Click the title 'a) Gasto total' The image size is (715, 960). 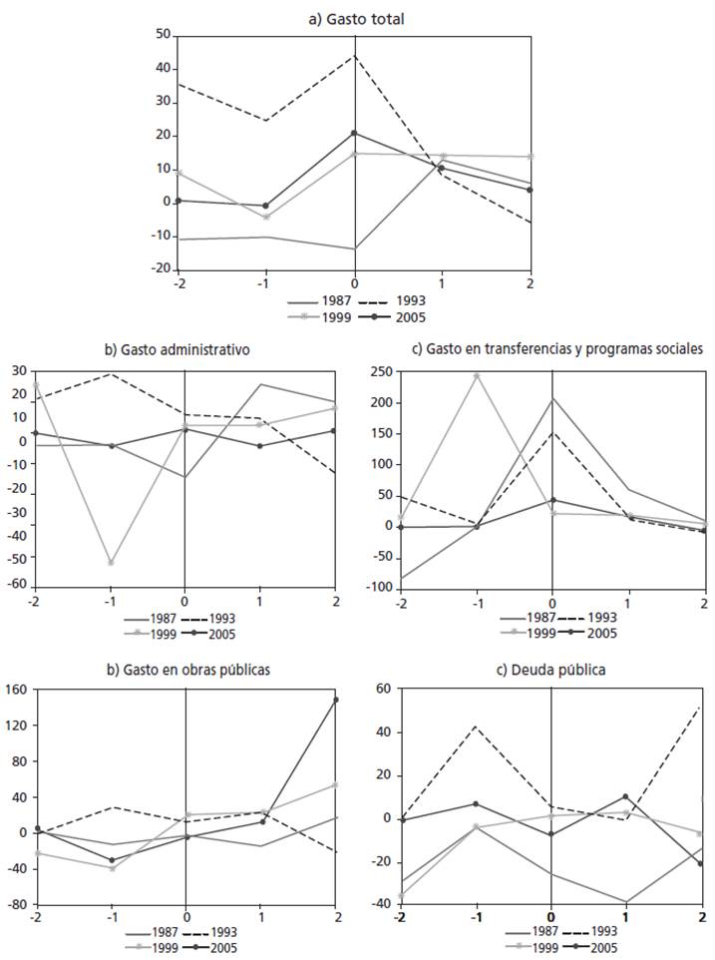point(356,17)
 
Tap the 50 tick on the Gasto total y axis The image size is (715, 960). point(163,36)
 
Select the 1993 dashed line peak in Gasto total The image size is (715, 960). point(354,56)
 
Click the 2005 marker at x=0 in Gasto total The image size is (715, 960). point(354,133)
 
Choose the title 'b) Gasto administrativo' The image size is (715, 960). point(178,349)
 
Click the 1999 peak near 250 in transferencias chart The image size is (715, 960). point(477,376)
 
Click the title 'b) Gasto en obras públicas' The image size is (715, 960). point(186,670)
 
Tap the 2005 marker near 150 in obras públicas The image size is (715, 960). point(336,700)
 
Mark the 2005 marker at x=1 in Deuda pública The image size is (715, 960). point(625,796)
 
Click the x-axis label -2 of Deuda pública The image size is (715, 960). point(400,917)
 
